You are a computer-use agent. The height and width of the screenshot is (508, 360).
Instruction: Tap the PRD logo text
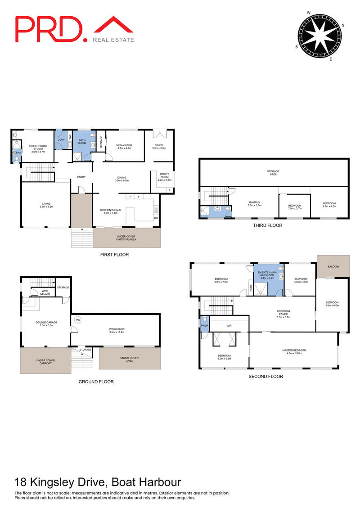pyautogui.click(x=50, y=29)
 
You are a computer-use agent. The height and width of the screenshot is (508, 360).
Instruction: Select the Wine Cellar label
pyautogui.click(x=45, y=293)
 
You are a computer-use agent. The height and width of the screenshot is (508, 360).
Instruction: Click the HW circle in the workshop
pyautogui.click(x=78, y=320)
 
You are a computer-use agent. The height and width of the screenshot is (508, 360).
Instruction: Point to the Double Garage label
pyautogui.click(x=45, y=324)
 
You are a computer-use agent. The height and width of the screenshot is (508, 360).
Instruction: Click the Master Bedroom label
pyautogui.click(x=294, y=352)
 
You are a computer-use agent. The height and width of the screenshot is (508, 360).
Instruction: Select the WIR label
pyautogui.click(x=229, y=324)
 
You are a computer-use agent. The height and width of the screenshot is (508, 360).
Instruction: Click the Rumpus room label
pyautogui.click(x=254, y=204)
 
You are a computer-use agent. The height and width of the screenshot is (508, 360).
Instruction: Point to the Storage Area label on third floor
pyautogui.click(x=273, y=173)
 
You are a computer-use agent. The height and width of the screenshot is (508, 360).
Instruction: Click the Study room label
pyautogui.click(x=159, y=147)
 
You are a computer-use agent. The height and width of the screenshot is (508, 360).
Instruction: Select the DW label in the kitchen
pyautogui.click(x=156, y=218)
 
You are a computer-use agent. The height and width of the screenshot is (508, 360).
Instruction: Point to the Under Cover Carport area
pyautogui.click(x=45, y=361)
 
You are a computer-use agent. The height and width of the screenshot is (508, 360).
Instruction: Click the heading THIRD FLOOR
pyautogui.click(x=268, y=225)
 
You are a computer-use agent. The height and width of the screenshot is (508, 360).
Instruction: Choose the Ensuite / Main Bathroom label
pyautogui.click(x=267, y=274)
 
